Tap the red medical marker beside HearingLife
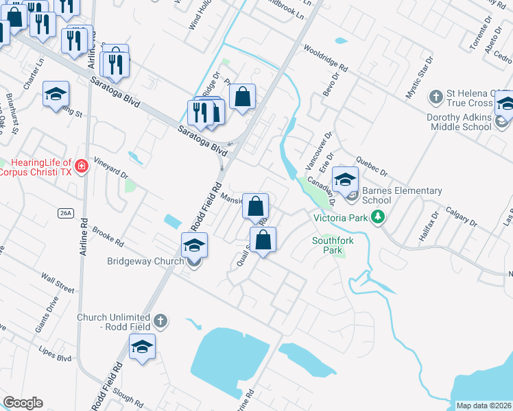click(x=82, y=166)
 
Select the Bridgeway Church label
click(x=145, y=261)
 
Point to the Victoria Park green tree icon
click(x=377, y=218)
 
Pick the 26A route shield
click(x=65, y=213)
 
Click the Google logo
click(x=23, y=403)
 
